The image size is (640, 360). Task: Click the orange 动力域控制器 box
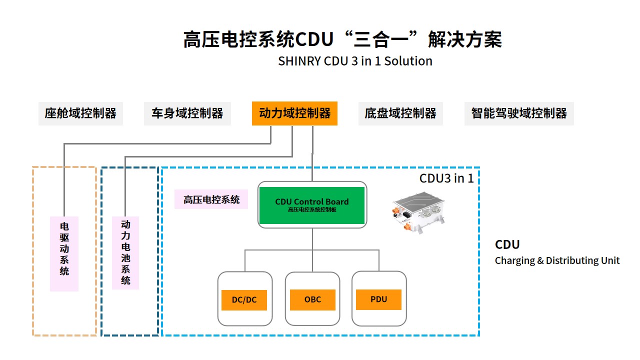[294, 113]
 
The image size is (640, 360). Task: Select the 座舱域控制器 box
[80, 113]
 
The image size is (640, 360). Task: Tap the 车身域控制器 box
[187, 113]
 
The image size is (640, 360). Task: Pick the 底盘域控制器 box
[400, 113]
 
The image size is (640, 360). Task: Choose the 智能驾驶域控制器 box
[519, 113]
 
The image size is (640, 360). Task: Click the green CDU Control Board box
[311, 205]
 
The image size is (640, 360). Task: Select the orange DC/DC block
[244, 300]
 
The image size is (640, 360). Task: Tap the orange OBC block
[312, 299]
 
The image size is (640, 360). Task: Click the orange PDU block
[378, 299]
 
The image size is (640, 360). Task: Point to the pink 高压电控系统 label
[211, 199]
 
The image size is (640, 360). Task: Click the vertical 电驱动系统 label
[64, 253]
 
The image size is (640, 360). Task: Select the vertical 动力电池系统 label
[125, 252]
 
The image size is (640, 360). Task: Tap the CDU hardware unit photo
[418, 213]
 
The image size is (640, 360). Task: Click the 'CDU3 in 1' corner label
[446, 178]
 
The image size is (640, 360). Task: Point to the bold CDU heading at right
[507, 244]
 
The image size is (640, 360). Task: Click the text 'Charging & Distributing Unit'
[557, 260]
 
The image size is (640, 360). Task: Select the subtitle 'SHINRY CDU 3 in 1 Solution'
[355, 61]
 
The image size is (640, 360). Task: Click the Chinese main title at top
[342, 39]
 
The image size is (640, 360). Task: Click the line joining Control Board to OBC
[312, 250]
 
